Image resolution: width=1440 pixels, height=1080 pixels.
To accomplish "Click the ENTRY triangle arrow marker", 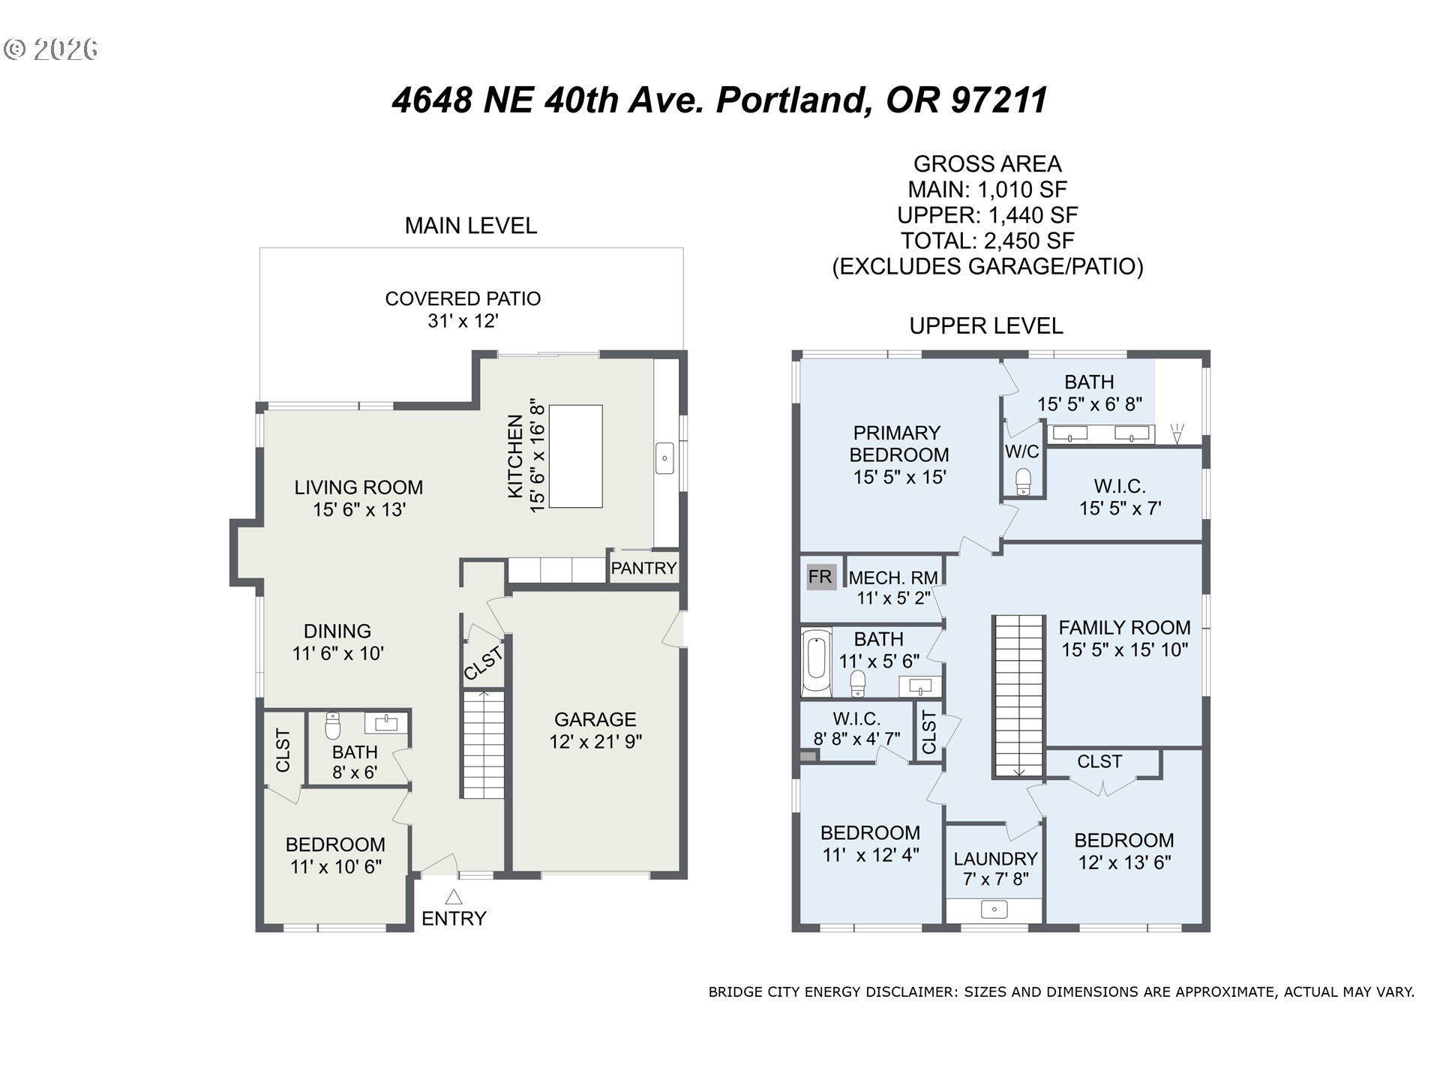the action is pyautogui.click(x=454, y=896).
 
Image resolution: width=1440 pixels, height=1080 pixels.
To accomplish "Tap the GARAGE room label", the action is pyautogui.click(x=595, y=719).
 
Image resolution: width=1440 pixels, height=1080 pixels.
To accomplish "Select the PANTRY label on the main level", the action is pyautogui.click(x=643, y=568).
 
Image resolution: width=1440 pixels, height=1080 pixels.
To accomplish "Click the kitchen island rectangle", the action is pyautogui.click(x=576, y=456).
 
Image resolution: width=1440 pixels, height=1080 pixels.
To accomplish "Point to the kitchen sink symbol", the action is pyautogui.click(x=664, y=458).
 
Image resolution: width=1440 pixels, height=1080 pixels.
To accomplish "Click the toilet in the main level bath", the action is pyautogui.click(x=333, y=726).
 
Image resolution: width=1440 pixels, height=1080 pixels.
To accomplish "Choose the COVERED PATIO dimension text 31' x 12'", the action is pyautogui.click(x=463, y=321).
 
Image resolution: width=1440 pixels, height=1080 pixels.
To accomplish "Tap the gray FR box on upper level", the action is pyautogui.click(x=820, y=577).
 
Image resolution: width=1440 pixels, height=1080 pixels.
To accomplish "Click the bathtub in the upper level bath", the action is pyautogui.click(x=815, y=662).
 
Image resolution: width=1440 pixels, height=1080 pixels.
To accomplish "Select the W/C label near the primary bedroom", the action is pyautogui.click(x=1022, y=451).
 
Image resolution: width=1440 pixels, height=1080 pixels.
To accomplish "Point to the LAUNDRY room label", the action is pyautogui.click(x=995, y=859).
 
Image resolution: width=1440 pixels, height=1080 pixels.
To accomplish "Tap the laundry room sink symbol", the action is pyautogui.click(x=994, y=910).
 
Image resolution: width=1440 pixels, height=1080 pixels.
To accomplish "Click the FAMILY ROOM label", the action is pyautogui.click(x=1124, y=628).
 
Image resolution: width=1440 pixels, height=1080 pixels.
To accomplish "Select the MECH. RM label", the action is pyautogui.click(x=893, y=577).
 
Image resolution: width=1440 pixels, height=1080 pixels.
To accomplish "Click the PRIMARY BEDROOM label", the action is pyautogui.click(x=898, y=444).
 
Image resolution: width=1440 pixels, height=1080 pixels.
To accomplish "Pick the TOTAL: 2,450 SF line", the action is pyautogui.click(x=987, y=241).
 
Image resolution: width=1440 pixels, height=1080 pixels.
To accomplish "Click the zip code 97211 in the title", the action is pyautogui.click(x=998, y=100).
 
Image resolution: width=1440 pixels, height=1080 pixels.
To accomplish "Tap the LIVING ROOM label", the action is pyautogui.click(x=358, y=487).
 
